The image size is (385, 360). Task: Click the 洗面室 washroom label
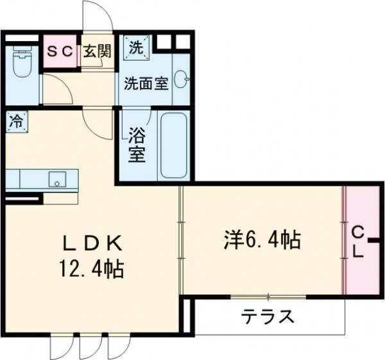146,83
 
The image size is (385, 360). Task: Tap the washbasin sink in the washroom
182,79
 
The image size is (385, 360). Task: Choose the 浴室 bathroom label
135,146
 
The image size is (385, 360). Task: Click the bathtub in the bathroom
173,145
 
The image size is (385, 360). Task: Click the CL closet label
359,242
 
